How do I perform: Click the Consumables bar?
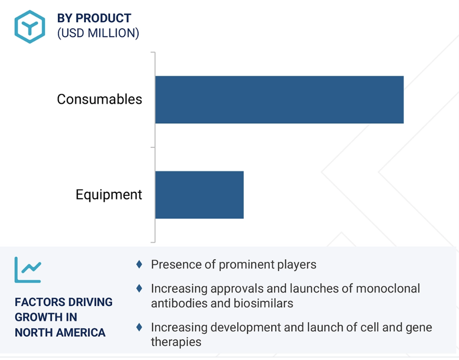279,99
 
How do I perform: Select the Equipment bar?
199,195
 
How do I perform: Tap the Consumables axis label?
99,99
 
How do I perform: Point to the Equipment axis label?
109,195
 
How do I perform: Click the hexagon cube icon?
30,27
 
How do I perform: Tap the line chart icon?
28,270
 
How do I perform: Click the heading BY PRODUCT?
94,18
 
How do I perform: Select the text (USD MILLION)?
98,33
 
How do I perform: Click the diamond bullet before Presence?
139,264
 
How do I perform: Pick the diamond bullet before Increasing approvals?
139,288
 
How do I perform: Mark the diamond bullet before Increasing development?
139,327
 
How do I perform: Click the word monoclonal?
388,288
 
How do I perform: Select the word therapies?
176,342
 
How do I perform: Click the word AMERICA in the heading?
81,332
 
